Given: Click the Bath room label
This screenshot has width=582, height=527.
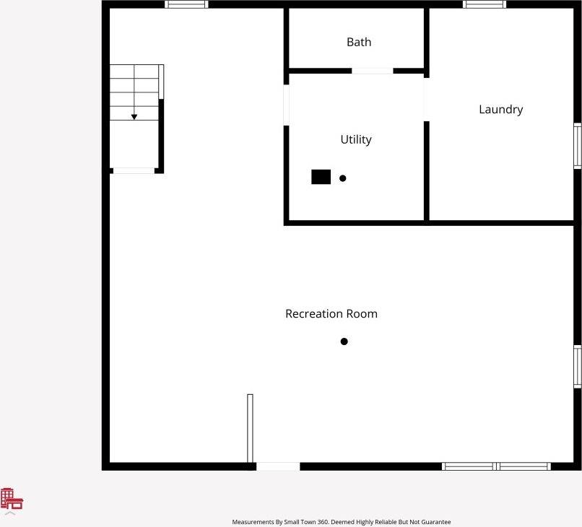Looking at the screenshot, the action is (359, 42).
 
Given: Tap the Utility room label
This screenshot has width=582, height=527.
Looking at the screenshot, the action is (356, 139).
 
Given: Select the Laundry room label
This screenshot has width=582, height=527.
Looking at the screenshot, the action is (500, 110).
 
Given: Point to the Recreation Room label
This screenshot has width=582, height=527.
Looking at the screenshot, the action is (331, 314).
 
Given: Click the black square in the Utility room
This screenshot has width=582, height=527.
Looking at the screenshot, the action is (321, 177).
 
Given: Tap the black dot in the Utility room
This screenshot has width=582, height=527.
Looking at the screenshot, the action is (342, 178).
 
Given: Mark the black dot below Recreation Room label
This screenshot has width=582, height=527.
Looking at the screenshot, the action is (344, 341).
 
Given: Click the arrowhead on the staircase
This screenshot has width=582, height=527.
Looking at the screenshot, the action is (134, 117).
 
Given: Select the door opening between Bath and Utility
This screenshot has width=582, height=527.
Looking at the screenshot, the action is (373, 71).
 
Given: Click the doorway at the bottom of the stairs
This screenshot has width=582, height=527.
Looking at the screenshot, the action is (134, 170).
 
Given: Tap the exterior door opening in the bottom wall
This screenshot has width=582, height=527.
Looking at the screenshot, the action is (278, 466).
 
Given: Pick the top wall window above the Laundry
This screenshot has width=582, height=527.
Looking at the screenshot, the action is (485, 4).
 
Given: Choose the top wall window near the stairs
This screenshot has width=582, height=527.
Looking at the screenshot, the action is (186, 4).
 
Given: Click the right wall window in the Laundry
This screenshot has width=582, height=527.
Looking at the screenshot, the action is (578, 146).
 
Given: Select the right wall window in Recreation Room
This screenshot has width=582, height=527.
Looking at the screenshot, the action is (578, 367).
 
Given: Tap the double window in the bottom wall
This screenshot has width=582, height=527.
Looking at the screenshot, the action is (496, 466).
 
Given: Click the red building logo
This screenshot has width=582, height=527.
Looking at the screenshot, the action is (12, 498).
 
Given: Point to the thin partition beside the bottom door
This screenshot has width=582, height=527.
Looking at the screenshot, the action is (250, 429).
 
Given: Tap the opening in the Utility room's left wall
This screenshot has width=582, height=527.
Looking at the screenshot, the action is (286, 105).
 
